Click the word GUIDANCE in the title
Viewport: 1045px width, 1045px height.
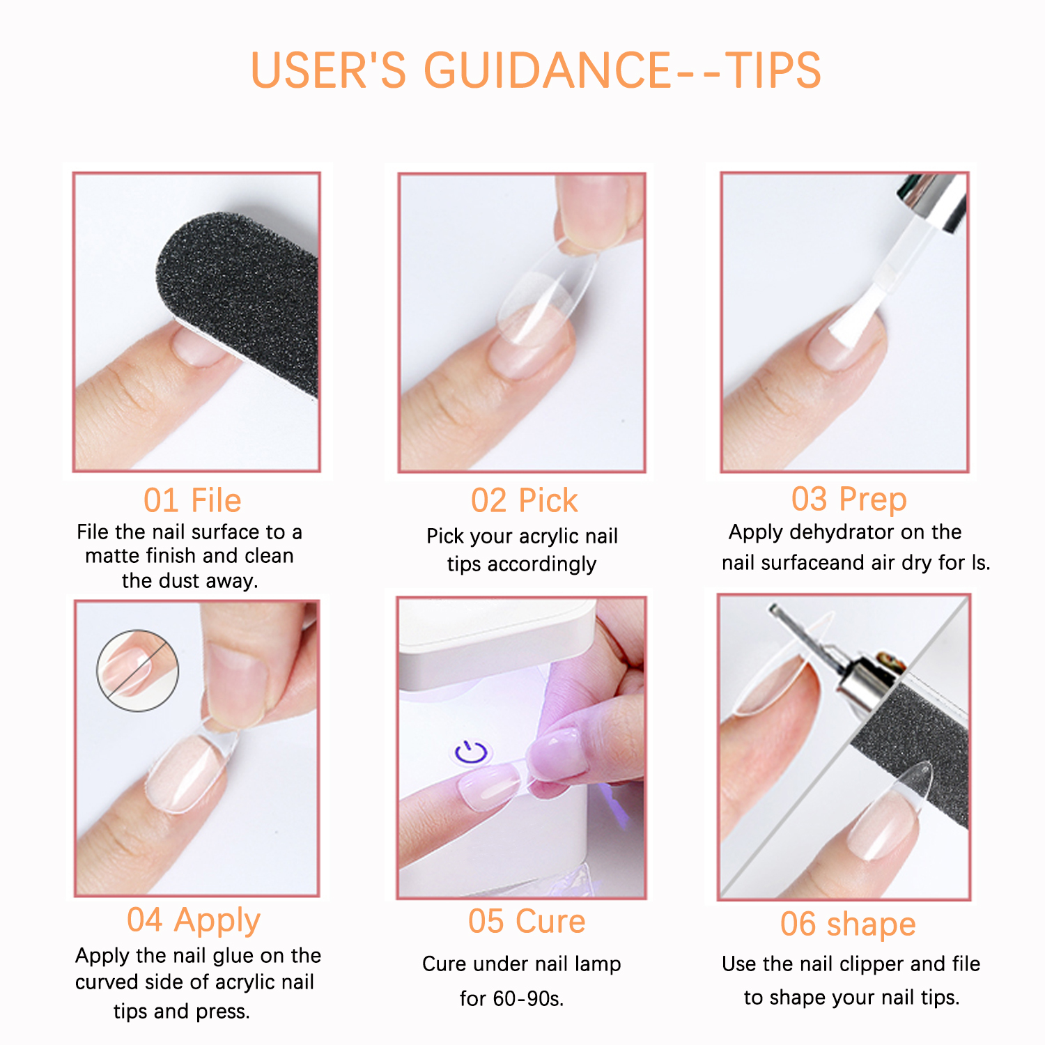click(x=547, y=70)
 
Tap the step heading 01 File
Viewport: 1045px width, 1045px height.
click(x=192, y=500)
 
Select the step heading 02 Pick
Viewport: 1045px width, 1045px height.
click(x=524, y=501)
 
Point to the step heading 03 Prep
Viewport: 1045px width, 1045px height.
click(x=849, y=499)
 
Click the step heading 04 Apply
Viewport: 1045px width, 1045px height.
click(x=193, y=920)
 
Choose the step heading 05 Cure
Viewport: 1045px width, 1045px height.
click(x=527, y=921)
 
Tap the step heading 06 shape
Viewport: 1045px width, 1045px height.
click(x=848, y=924)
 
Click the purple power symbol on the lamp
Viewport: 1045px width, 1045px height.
click(x=472, y=753)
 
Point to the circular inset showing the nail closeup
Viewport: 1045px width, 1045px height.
click(x=137, y=670)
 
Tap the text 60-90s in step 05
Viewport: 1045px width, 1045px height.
click(x=528, y=998)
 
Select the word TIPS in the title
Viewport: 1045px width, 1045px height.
click(x=773, y=70)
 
